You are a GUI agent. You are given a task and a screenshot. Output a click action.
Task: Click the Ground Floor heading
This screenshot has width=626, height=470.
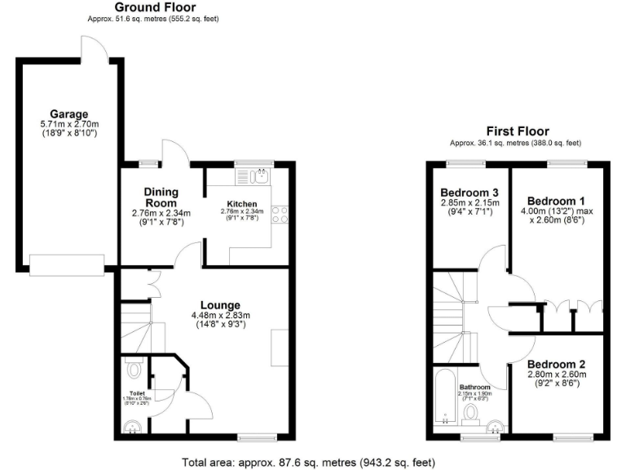point(156,7)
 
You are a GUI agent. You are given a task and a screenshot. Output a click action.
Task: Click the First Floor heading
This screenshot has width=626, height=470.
point(518,131)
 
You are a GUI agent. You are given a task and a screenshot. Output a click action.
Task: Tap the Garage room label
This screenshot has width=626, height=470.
point(68,113)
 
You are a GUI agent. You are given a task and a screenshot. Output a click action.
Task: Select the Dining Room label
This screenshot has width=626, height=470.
point(161,197)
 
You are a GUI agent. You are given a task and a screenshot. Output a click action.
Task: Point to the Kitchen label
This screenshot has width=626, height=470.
point(242,203)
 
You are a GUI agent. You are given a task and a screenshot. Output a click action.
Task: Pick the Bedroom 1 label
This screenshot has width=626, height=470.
point(556,201)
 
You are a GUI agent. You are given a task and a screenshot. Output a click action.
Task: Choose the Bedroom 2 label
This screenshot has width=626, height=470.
point(556,364)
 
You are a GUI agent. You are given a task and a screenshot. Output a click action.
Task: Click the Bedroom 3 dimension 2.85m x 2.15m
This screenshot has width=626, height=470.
point(469,203)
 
